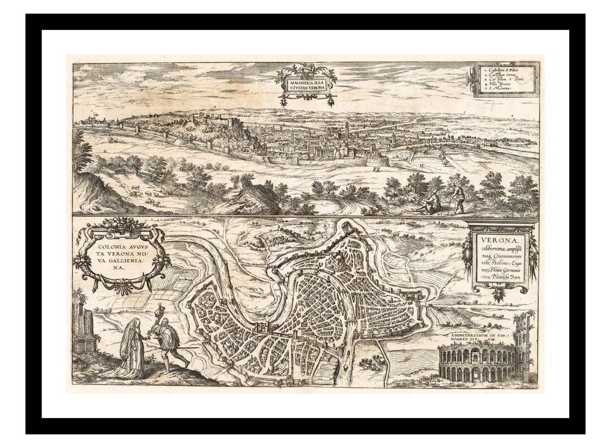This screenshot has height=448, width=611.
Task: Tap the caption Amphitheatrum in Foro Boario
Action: (x=479, y=339)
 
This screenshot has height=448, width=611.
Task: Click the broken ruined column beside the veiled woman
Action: (x=85, y=328)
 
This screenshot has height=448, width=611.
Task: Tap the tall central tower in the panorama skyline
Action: (x=346, y=132)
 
